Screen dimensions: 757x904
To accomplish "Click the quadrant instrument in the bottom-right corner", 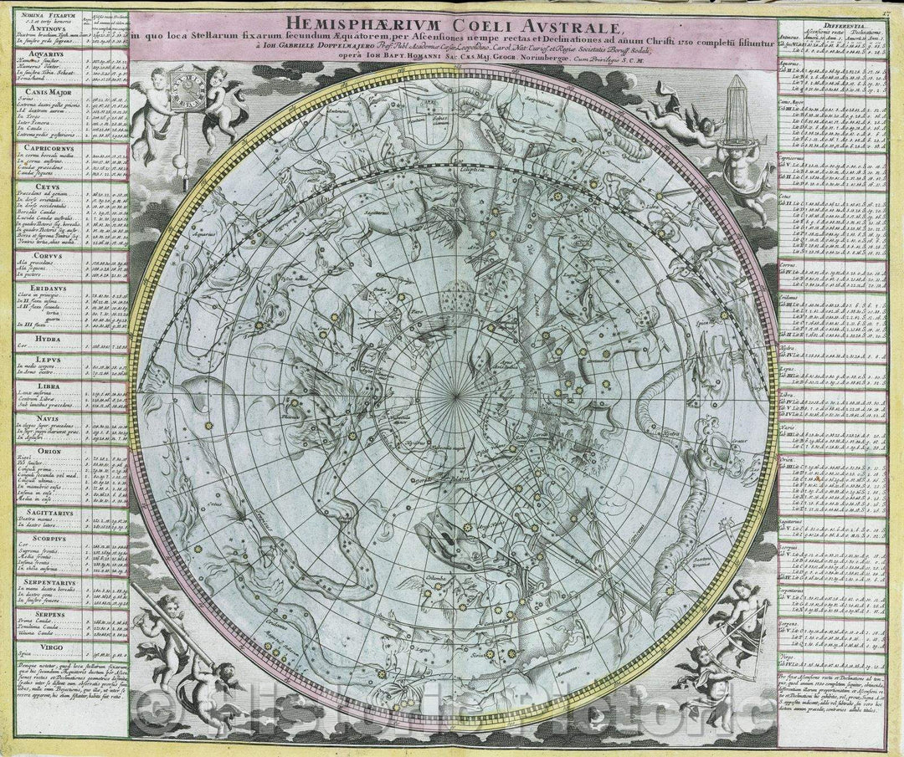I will pos(737,636).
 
